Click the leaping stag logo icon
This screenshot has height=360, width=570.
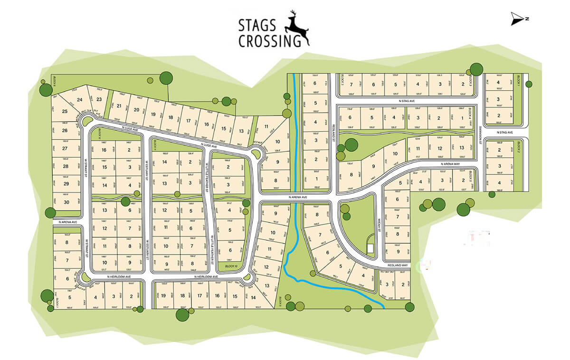[x=297, y=28]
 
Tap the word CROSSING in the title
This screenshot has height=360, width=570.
[x=269, y=41]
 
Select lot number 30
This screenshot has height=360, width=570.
[x=66, y=202]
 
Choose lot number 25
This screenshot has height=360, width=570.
[x=65, y=112]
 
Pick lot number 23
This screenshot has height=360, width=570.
[x=99, y=99]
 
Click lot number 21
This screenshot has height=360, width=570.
[x=119, y=106]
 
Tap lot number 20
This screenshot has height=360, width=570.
[x=136, y=110]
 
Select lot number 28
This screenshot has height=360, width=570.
[x=66, y=166]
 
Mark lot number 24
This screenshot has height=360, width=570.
[x=79, y=99]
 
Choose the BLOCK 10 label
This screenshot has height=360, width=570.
[x=231, y=266]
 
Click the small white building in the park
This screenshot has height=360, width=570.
[x=370, y=248]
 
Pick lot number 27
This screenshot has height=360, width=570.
[x=66, y=148]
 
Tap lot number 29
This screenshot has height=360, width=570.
[x=66, y=184]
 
